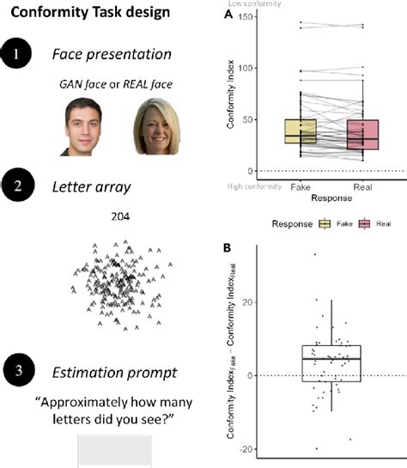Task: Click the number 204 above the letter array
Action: (120, 218)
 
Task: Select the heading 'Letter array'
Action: (102, 184)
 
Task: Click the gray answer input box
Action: (114, 450)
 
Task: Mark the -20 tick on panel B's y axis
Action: (246, 449)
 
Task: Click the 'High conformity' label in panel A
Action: (252, 184)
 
